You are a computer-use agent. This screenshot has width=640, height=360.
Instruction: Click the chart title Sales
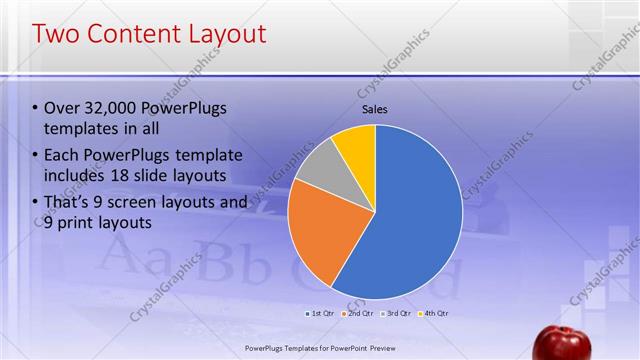point(374,109)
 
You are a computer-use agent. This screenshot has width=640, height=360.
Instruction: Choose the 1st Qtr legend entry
point(321,314)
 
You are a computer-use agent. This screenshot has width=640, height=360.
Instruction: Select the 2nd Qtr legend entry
point(359,314)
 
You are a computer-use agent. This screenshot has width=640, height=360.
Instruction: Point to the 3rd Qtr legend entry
point(396,314)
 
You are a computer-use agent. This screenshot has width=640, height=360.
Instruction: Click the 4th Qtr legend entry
point(433,314)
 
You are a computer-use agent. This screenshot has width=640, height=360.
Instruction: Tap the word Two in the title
point(57,35)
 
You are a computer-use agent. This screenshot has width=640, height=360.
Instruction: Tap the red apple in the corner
point(561,343)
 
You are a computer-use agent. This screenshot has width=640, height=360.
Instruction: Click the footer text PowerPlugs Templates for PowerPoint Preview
point(319,349)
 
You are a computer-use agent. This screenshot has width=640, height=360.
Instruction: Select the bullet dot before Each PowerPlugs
point(36,156)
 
